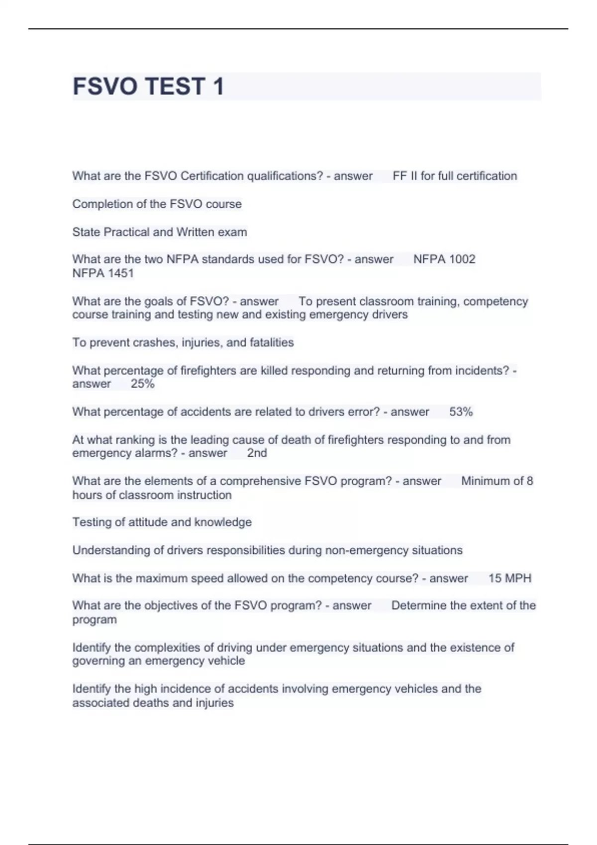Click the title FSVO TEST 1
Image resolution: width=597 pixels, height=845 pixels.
click(x=148, y=86)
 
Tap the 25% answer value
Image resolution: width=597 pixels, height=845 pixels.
click(x=143, y=384)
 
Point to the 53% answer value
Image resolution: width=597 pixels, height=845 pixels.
click(x=461, y=412)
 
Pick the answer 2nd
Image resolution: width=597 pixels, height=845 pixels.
click(x=257, y=453)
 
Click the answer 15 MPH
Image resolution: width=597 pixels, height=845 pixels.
click(x=510, y=578)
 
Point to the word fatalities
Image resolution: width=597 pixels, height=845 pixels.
click(x=272, y=342)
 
